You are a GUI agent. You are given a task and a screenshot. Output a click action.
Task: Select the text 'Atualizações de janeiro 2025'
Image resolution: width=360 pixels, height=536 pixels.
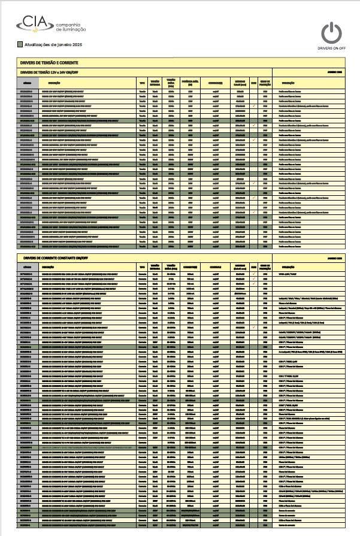click(x=54, y=45)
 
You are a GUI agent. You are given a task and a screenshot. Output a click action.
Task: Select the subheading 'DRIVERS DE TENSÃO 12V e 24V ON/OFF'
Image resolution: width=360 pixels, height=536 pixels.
click(x=50, y=71)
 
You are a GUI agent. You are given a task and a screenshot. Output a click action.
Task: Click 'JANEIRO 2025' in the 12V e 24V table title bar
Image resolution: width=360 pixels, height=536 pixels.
click(x=334, y=71)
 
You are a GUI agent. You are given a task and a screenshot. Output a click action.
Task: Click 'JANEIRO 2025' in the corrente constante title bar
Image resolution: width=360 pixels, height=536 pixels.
click(x=334, y=258)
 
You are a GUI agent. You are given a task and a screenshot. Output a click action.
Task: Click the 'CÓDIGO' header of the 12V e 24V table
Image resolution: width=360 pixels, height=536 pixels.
click(x=27, y=83)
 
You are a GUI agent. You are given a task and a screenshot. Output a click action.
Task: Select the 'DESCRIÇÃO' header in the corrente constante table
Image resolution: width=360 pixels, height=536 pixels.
click(x=49, y=267)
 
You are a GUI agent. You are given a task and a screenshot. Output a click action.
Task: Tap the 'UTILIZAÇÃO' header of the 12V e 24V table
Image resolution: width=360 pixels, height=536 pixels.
click(x=288, y=83)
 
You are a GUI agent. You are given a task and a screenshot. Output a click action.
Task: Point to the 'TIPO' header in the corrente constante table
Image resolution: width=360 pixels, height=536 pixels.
click(x=142, y=267)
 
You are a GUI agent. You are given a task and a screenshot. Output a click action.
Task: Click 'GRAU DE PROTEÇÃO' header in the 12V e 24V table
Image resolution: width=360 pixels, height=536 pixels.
click(x=265, y=83)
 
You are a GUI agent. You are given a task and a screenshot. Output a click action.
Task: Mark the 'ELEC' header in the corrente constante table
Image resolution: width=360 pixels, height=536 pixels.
click(x=254, y=267)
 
